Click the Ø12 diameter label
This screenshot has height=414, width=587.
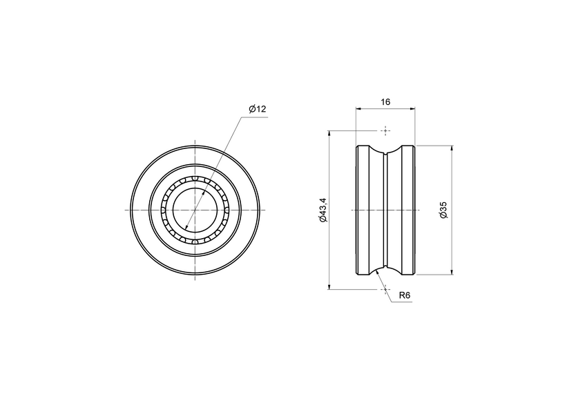click(x=257, y=110)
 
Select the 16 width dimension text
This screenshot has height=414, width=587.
click(x=385, y=101)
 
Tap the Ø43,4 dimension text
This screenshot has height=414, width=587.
click(x=323, y=210)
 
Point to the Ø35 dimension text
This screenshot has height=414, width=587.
click(x=443, y=210)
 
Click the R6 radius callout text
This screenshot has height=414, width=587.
click(x=405, y=295)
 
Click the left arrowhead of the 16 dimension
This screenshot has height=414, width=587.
click(x=358, y=108)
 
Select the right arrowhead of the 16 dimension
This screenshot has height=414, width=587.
click(x=413, y=108)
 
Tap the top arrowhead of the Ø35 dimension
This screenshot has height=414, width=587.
click(x=452, y=148)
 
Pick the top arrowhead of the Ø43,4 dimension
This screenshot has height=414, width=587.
click(x=329, y=133)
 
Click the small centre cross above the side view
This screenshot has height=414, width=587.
click(x=385, y=130)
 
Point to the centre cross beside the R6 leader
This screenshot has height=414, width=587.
click(x=385, y=290)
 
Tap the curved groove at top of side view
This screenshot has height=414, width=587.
click(x=385, y=152)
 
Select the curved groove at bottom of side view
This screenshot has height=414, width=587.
click(x=385, y=268)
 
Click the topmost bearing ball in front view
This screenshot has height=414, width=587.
click(x=196, y=179)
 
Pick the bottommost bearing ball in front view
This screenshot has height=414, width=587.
click(x=196, y=241)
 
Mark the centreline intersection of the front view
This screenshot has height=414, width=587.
click(x=196, y=210)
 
